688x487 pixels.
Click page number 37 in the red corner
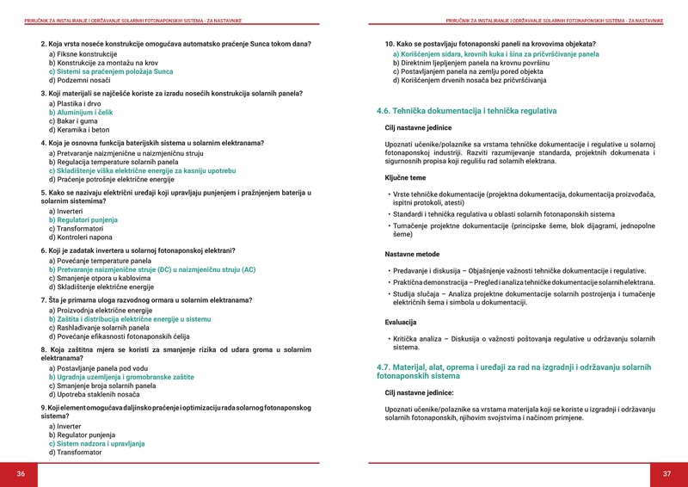(x=666, y=474)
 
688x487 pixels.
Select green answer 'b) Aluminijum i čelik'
(x=81, y=112)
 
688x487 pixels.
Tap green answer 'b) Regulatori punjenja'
(x=83, y=220)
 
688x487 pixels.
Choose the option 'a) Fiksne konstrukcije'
(x=83, y=53)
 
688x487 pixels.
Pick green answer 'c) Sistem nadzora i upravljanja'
(x=96, y=443)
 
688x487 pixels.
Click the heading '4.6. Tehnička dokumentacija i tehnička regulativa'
(x=467, y=111)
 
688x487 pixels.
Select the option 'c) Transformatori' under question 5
(x=78, y=229)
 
